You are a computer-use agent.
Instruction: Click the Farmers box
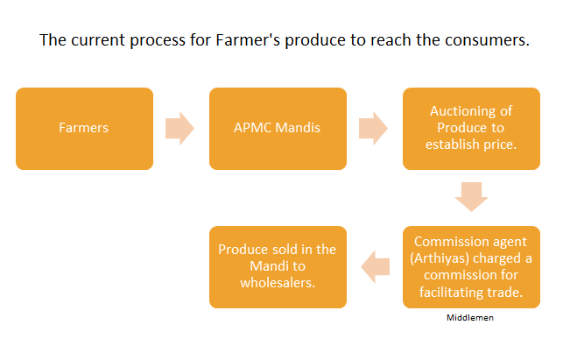[84, 128]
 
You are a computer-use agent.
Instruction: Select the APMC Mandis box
[278, 128]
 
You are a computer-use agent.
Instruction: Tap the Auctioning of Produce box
[470, 128]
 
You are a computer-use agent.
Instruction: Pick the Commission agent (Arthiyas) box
[470, 267]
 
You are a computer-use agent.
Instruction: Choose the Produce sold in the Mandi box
[278, 267]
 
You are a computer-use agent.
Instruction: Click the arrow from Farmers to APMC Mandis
[180, 128]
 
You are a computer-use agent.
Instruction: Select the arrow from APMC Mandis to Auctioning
[374, 128]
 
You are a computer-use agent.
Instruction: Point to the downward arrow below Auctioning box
[471, 197]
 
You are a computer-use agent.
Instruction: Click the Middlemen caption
[470, 318]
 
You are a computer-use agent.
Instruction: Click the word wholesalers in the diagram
[278, 283]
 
